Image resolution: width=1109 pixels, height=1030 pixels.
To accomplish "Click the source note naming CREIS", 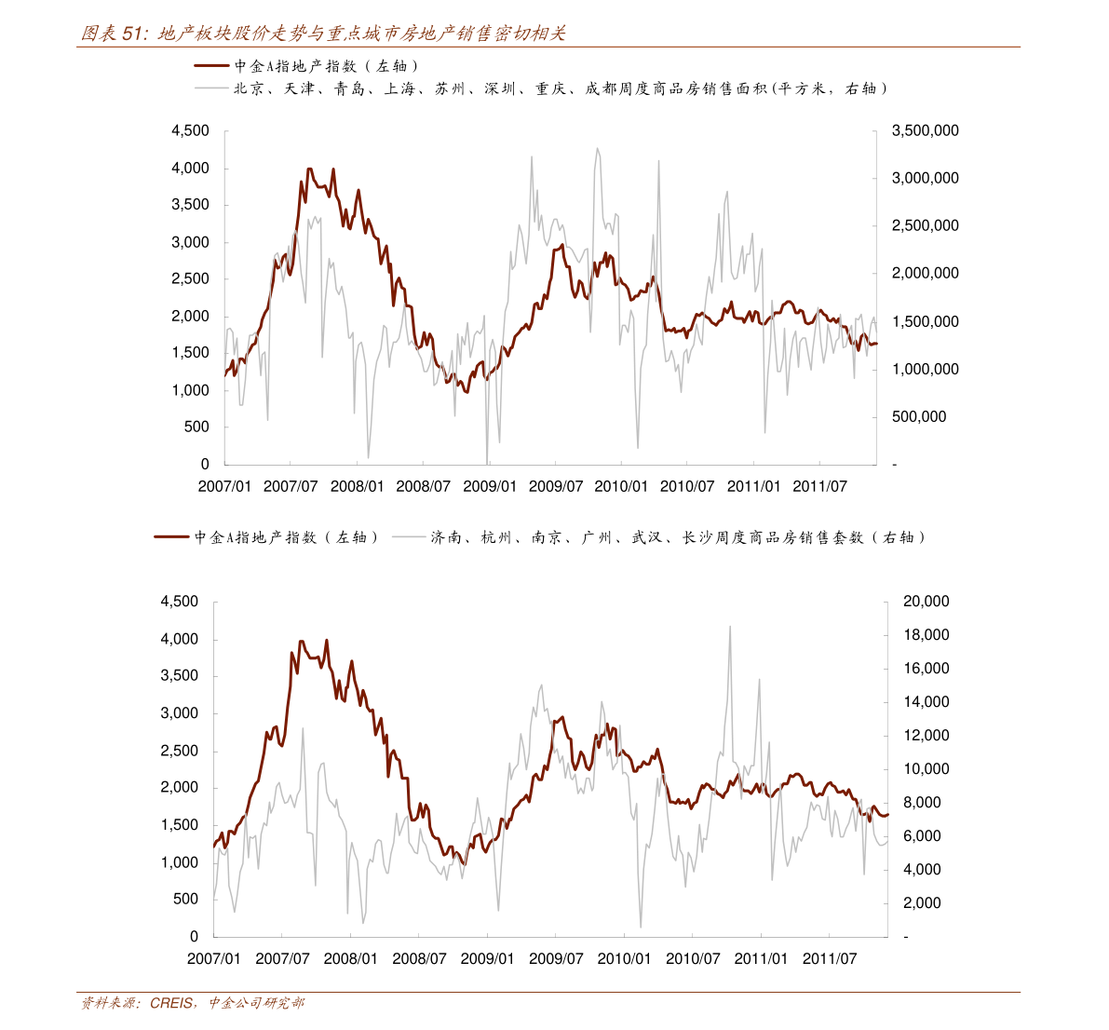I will pyautogui.click(x=191, y=1003).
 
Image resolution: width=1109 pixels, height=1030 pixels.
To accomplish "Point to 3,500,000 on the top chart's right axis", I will pyautogui.click(x=925, y=131).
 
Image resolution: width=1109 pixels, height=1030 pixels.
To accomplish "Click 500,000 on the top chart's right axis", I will pyautogui.click(x=918, y=417).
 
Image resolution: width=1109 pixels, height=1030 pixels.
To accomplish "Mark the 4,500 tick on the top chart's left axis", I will pyautogui.click(x=190, y=131).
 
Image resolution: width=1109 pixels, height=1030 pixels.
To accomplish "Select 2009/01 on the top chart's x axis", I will pyautogui.click(x=490, y=486).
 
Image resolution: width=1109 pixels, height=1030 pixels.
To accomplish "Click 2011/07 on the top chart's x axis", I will pyautogui.click(x=819, y=486).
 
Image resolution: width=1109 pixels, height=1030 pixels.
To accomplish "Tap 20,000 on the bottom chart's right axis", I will pyautogui.click(x=926, y=602).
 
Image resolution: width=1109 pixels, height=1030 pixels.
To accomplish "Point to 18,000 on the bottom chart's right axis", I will pyautogui.click(x=926, y=635).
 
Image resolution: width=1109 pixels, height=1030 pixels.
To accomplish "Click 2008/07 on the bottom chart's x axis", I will pyautogui.click(x=419, y=958).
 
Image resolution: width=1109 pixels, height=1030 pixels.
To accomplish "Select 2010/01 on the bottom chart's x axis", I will pyautogui.click(x=624, y=958).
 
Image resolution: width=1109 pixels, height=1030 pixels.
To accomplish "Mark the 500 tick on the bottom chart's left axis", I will pyautogui.click(x=185, y=900).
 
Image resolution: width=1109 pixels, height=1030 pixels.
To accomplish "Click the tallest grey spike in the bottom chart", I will pyautogui.click(x=730, y=627).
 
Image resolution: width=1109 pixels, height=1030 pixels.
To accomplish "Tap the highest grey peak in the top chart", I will pyautogui.click(x=597, y=148).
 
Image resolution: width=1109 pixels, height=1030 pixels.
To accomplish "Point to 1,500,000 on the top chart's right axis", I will pyautogui.click(x=925, y=322).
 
